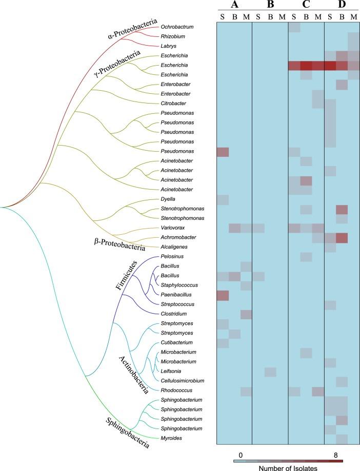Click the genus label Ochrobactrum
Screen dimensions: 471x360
pos(175,27)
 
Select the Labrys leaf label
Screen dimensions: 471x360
pos(168,46)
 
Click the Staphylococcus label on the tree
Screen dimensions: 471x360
pos(178,285)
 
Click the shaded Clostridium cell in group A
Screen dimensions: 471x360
pos(246,314)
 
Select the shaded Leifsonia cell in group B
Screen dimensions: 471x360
pos(270,371)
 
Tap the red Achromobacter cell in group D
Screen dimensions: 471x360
pos(342,237)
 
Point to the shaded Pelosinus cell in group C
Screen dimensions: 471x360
pos(306,256)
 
